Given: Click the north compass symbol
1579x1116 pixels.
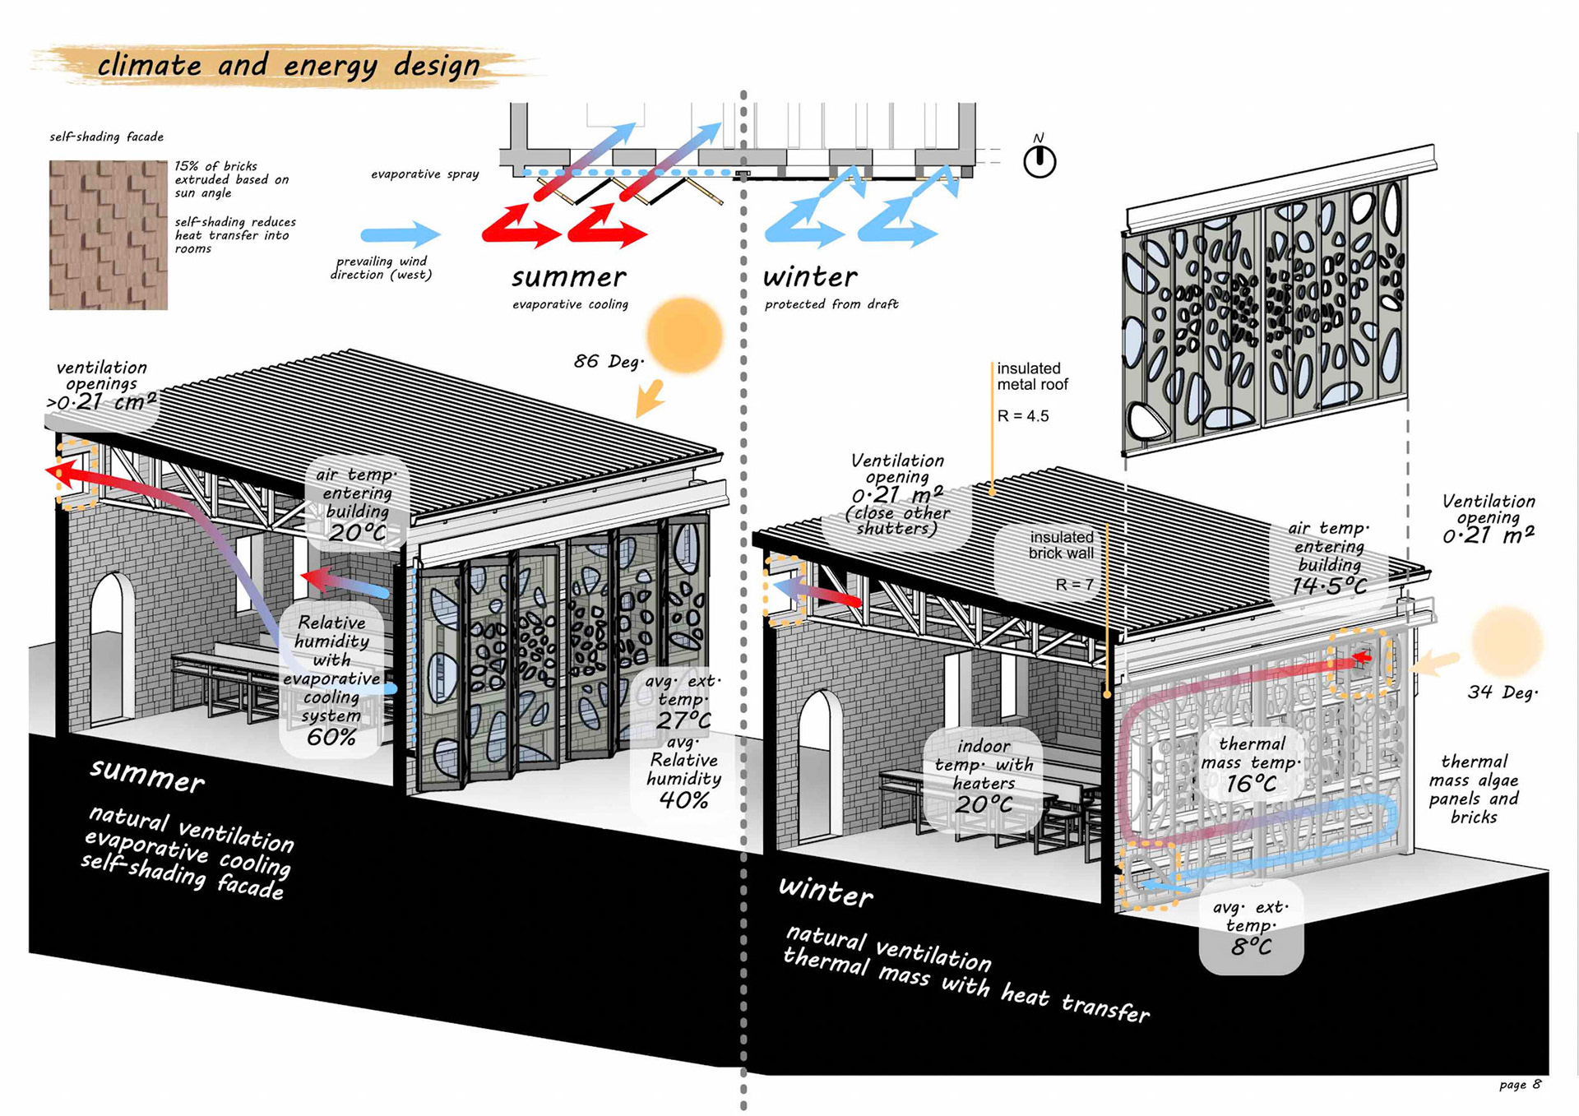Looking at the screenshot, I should pos(1040,160).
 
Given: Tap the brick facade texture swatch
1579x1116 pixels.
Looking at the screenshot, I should pos(108,235).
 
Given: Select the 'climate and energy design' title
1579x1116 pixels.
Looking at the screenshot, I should pos(288,65).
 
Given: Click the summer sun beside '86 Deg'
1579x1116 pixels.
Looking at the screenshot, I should pos(684,336).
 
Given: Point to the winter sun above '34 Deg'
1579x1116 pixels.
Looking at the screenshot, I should pos(1507,642).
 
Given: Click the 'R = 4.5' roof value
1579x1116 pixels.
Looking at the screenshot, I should pos(1023,416).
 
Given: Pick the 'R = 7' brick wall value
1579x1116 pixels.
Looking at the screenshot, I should pos(1074,585).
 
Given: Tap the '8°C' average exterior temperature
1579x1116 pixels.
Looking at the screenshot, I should pos(1251,947).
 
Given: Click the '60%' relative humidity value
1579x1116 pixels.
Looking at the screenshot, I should pos(331,737).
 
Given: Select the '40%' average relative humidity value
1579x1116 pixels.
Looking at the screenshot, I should pos(683,800).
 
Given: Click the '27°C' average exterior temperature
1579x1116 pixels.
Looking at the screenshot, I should pos(683,720).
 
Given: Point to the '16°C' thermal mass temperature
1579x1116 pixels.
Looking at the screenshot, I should pos(1251,784).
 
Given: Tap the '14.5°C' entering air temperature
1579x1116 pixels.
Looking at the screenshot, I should pos(1329,586).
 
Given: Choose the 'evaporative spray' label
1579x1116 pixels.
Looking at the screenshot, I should pos(424,174).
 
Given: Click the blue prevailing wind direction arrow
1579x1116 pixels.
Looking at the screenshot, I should pos(401,234).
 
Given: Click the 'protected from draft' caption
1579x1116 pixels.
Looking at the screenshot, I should pos(831,304).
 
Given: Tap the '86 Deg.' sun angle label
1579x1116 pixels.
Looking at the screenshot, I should pos(609,361).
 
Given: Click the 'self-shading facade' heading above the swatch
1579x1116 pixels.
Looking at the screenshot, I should pos(106,137).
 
